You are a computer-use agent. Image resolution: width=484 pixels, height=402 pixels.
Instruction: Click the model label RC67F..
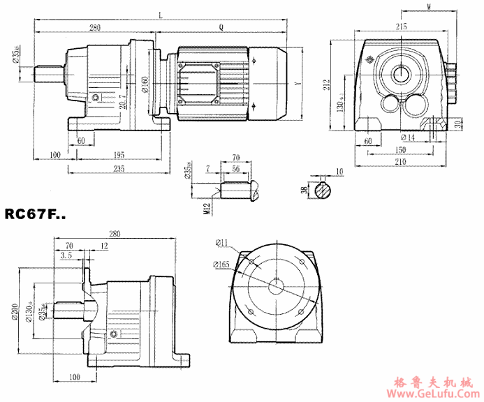[35, 214]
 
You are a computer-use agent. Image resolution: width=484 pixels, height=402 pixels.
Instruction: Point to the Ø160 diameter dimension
[145, 84]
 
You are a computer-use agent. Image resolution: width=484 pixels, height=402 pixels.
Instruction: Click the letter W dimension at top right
[428, 7]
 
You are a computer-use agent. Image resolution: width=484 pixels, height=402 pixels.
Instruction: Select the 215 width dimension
[401, 26]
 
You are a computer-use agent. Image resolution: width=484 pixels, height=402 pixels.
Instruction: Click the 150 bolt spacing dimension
[399, 150]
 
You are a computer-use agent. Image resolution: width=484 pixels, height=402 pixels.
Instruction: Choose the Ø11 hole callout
[223, 242]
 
